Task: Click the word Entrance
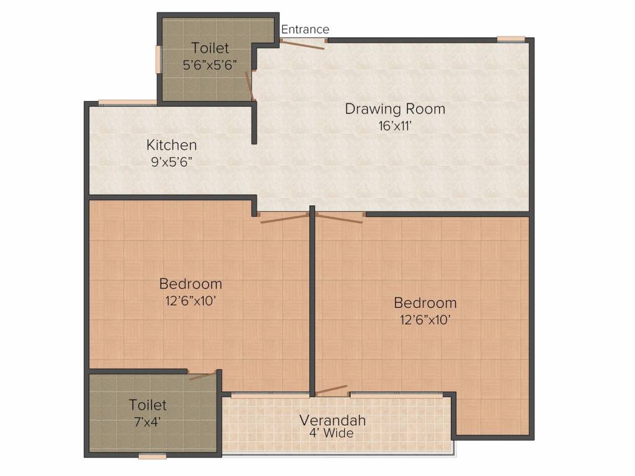point(305,29)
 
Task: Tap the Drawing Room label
point(395,109)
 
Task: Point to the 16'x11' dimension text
point(395,125)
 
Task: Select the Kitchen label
point(172,145)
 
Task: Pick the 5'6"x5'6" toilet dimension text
point(210,64)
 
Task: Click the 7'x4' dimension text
point(148,421)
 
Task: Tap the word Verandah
point(332,420)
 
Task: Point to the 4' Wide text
point(332,433)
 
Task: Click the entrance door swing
point(302,44)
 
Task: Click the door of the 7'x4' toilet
point(202,375)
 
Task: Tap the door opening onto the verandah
point(332,390)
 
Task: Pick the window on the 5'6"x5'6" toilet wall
point(158,59)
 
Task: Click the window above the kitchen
point(127,102)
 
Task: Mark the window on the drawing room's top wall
point(511,39)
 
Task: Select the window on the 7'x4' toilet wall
point(152,457)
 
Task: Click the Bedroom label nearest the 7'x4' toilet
point(190,284)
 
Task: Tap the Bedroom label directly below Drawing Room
point(425,303)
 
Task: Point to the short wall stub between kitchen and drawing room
point(254,124)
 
